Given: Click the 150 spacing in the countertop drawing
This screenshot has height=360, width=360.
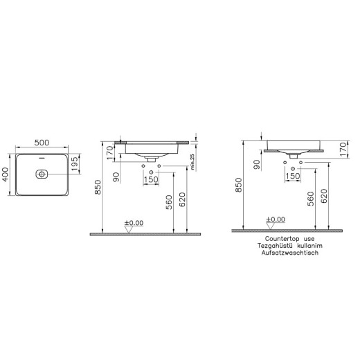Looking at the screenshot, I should point(292,176).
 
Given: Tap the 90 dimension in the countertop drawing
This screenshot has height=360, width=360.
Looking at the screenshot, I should point(256,163).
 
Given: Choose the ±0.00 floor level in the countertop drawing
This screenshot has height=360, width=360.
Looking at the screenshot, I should point(275,219).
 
